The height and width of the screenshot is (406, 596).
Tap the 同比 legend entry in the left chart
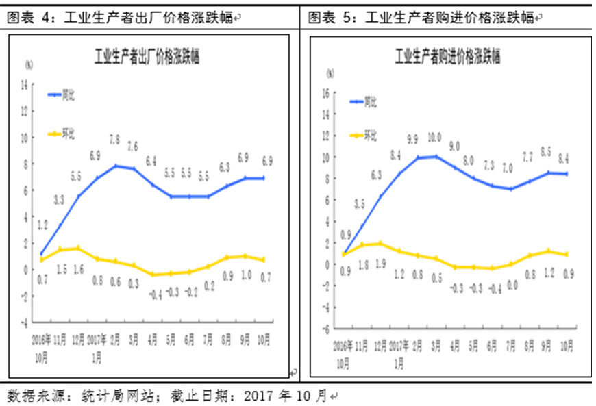coord(68,94)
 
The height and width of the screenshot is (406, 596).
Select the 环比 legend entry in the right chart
coord(370,135)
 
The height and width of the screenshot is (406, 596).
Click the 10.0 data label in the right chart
coord(434,137)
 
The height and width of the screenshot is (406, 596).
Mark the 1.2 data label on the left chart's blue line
coord(42,223)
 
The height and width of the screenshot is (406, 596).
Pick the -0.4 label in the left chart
coord(154,295)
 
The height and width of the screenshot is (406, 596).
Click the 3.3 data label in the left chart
coord(59,200)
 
